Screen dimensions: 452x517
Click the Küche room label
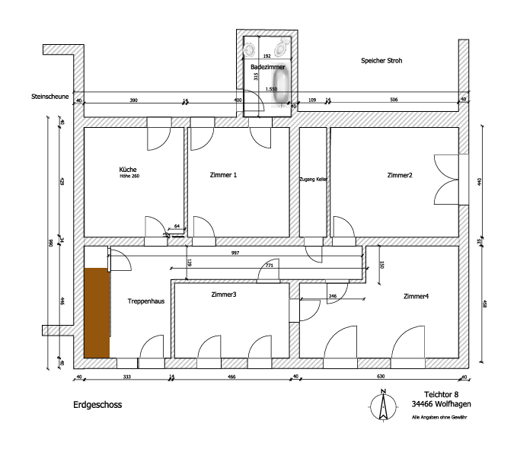click(x=127, y=169)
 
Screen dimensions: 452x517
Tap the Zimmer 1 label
click(x=223, y=175)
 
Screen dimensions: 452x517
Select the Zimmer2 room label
click(x=400, y=176)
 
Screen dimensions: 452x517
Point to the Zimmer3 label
click(x=223, y=294)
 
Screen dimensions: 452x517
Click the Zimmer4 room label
click(x=416, y=296)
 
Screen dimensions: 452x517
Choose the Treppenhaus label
click(x=146, y=301)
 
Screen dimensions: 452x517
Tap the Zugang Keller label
click(x=314, y=179)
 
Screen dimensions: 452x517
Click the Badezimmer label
click(x=267, y=67)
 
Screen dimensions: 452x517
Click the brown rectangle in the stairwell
click(x=96, y=312)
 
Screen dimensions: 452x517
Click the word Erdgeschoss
click(x=97, y=405)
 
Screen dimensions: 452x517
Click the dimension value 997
click(x=235, y=253)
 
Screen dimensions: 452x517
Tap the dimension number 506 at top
click(x=394, y=100)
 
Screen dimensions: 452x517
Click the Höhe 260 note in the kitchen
click(x=129, y=177)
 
